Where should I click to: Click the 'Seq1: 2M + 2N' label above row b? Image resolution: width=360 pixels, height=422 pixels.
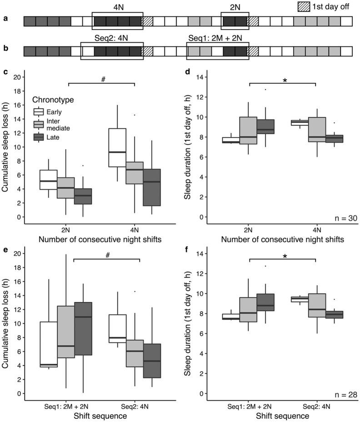217,38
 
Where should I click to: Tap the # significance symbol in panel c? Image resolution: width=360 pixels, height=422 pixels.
103,79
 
